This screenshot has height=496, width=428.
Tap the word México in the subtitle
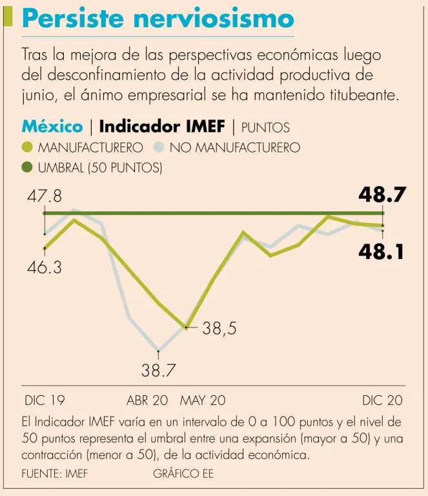click(x=52, y=127)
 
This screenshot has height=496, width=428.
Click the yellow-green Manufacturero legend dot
click(x=27, y=148)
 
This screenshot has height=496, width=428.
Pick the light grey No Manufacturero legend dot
click(x=159, y=148)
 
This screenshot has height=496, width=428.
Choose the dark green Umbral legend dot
click(x=27, y=168)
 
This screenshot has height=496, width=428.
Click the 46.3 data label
click(x=44, y=267)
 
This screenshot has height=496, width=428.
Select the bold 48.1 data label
click(x=382, y=252)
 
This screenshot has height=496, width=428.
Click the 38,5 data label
click(x=219, y=329)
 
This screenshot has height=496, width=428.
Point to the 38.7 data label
click(x=159, y=371)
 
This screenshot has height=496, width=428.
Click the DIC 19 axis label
click(x=45, y=400)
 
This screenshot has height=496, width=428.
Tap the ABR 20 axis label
click(x=147, y=400)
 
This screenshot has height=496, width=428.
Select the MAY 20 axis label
click(x=203, y=400)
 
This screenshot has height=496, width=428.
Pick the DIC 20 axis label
click(x=382, y=400)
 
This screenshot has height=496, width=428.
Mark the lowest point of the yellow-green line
click(x=187, y=328)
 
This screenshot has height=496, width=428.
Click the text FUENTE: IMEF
click(x=54, y=474)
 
